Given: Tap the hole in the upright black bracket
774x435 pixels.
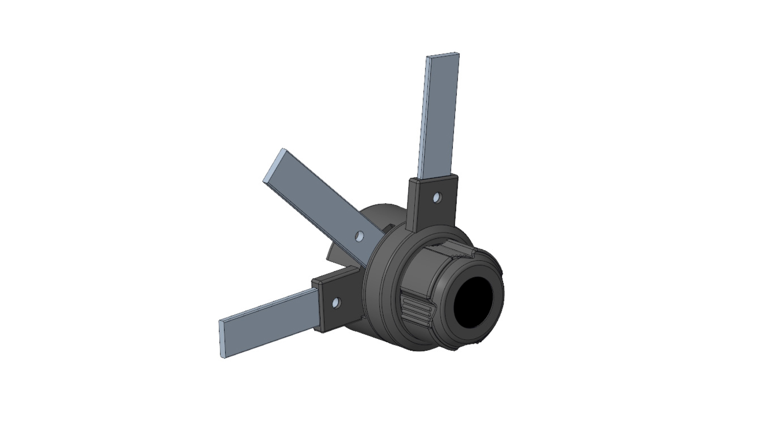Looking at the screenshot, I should pos(437,198).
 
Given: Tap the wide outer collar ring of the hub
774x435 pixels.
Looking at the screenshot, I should pos(377,294).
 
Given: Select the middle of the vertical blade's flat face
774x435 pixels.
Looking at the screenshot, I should pos(439,116).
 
